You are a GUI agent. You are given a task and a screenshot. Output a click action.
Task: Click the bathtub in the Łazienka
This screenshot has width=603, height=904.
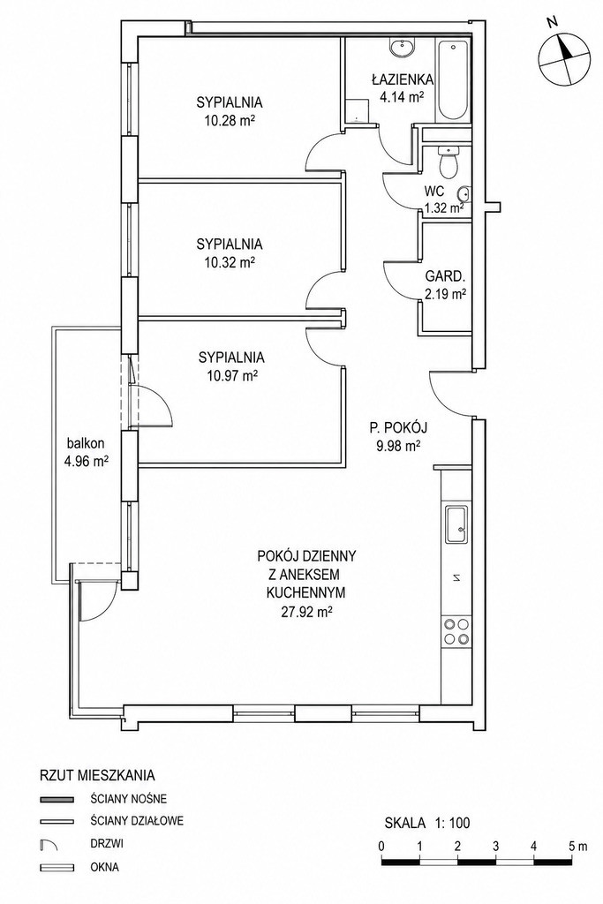[x=455, y=80]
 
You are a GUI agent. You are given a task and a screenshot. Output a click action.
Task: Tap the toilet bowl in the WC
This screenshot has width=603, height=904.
[x=448, y=162]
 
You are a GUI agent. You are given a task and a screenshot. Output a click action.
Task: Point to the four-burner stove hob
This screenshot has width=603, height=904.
[x=456, y=630]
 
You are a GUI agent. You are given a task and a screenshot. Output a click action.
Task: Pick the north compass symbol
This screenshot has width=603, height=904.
[x=564, y=56]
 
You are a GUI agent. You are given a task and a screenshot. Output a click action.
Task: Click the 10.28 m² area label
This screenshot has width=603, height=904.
[x=230, y=122]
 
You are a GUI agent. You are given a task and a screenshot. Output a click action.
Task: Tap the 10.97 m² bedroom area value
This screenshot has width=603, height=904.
[x=231, y=376]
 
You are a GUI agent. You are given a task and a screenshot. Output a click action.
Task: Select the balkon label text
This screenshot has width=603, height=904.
[x=86, y=443]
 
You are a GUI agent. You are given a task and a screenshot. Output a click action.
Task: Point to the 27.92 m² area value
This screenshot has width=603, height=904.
[x=306, y=612]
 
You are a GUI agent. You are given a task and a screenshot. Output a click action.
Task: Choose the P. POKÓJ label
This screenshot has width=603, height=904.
[x=398, y=427]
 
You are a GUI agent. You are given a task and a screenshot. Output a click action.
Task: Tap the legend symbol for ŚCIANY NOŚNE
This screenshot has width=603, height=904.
[x=57, y=800]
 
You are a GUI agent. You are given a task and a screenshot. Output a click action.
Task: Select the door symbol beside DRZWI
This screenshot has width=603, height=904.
[x=49, y=845]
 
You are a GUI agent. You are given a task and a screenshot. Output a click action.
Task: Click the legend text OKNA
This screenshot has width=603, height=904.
[x=105, y=866]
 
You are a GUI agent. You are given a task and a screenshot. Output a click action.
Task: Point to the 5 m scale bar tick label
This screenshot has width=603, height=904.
[x=577, y=847]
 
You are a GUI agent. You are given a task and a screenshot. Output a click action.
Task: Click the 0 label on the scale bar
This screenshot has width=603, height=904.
[x=382, y=847]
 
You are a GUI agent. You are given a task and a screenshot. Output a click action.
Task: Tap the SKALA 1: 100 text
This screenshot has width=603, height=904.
[x=427, y=823]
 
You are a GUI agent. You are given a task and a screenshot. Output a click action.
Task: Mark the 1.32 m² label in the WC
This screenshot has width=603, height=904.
[x=444, y=208]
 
